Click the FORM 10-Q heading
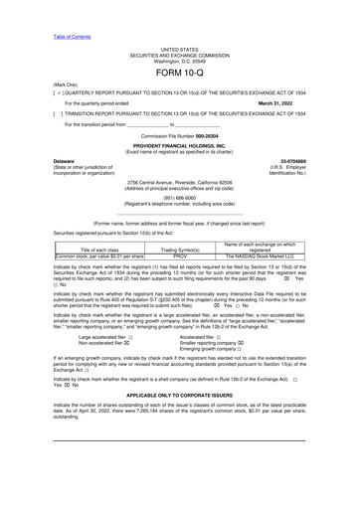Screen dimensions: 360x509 (179, 75)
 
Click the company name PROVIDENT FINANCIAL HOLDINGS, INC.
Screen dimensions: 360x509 (179, 144)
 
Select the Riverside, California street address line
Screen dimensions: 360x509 (179, 183)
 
